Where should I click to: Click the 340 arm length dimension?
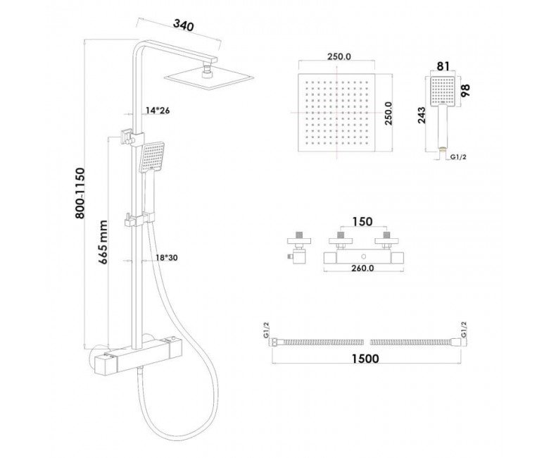184,25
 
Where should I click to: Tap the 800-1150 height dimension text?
80,194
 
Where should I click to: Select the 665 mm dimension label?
103,242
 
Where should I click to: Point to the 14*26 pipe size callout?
158,111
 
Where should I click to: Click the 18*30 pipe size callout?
166,258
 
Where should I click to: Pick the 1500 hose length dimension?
365,359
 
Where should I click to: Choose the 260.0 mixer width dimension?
363,268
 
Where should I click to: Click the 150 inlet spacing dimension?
362,221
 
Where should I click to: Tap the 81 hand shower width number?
443,66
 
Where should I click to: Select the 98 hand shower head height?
466,90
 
